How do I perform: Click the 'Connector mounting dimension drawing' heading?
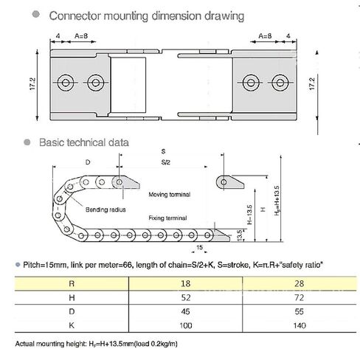tap(147, 16)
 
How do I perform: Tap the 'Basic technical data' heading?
tap(84, 142)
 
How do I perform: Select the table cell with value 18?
tap(186, 283)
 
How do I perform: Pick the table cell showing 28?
tap(300, 283)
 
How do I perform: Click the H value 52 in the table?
tap(186, 298)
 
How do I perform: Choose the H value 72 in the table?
tap(300, 298)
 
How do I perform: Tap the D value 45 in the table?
tap(186, 311)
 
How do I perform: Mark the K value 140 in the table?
tap(300, 325)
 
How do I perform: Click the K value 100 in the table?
tap(186, 325)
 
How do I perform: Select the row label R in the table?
tap(72, 284)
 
